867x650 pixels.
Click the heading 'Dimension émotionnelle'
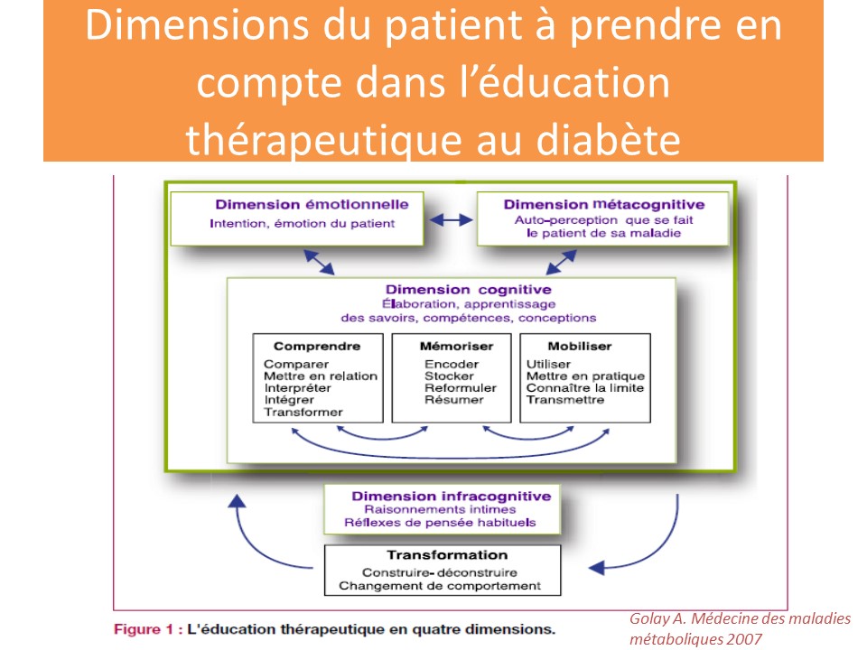[x=312, y=205]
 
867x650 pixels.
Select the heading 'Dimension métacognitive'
[x=604, y=205]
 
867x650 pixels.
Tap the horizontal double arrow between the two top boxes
[x=451, y=220]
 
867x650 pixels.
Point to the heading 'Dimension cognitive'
[x=469, y=290]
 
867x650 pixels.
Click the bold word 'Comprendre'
[x=317, y=346]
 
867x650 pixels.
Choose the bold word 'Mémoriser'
[x=456, y=346]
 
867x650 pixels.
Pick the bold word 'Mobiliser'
[x=580, y=346]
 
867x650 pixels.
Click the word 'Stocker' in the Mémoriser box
[x=449, y=376]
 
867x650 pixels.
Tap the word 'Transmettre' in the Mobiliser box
[x=565, y=400]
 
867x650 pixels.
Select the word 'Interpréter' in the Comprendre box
[x=297, y=388]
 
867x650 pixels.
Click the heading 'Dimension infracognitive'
[x=452, y=496]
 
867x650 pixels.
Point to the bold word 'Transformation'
[x=447, y=555]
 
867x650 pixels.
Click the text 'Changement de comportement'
[x=440, y=586]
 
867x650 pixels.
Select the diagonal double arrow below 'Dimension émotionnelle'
[x=319, y=262]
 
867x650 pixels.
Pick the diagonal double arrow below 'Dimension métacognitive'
[x=561, y=262]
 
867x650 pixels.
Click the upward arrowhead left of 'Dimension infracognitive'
[x=238, y=501]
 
